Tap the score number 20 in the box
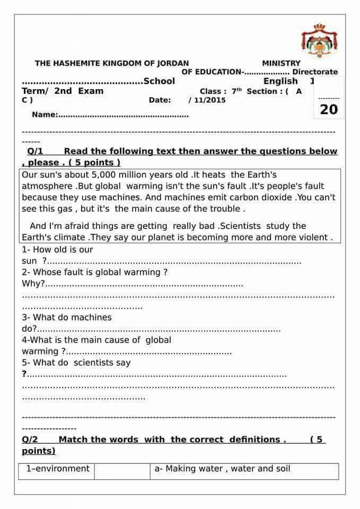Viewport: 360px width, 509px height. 329,109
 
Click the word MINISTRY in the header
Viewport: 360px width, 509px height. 281,63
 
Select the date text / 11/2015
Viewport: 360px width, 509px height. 207,100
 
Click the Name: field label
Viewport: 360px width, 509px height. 44,115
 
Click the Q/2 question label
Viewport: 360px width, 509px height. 30,439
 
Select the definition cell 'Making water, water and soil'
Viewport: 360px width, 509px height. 222,469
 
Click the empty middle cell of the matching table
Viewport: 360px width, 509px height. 122,471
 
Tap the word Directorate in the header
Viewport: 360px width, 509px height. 315,72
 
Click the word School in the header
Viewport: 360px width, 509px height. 159,81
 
